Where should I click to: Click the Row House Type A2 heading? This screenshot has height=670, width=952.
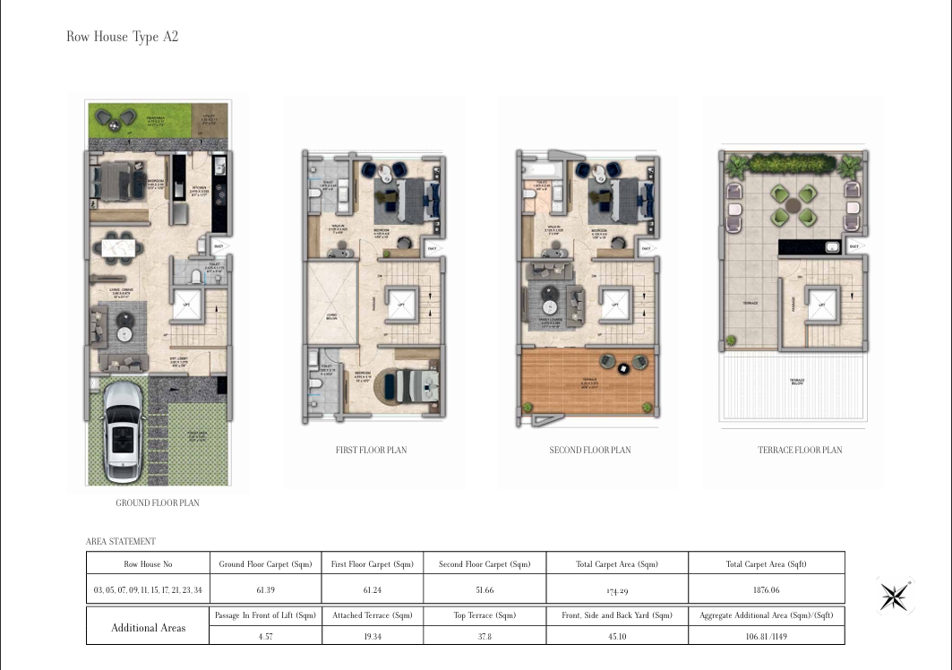click(123, 37)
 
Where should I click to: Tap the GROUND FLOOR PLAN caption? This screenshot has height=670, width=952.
click(158, 503)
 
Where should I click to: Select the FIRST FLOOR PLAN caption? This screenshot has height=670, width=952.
click(370, 450)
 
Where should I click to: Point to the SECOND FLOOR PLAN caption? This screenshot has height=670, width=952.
click(589, 450)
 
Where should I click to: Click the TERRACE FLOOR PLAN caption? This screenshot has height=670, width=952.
click(800, 450)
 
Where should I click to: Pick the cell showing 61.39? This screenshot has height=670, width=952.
click(265, 590)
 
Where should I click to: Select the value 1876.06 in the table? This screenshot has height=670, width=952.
click(767, 590)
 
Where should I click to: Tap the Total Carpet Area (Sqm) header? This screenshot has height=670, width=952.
click(617, 564)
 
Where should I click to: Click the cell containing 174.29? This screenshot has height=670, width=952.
click(617, 591)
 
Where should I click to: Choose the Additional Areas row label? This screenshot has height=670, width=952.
click(148, 628)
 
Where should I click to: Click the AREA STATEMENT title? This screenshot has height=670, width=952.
click(120, 542)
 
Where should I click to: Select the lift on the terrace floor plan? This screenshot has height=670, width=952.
click(821, 305)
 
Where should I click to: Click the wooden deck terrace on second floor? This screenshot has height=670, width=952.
click(588, 385)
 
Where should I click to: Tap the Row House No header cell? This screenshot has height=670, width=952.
click(148, 564)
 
